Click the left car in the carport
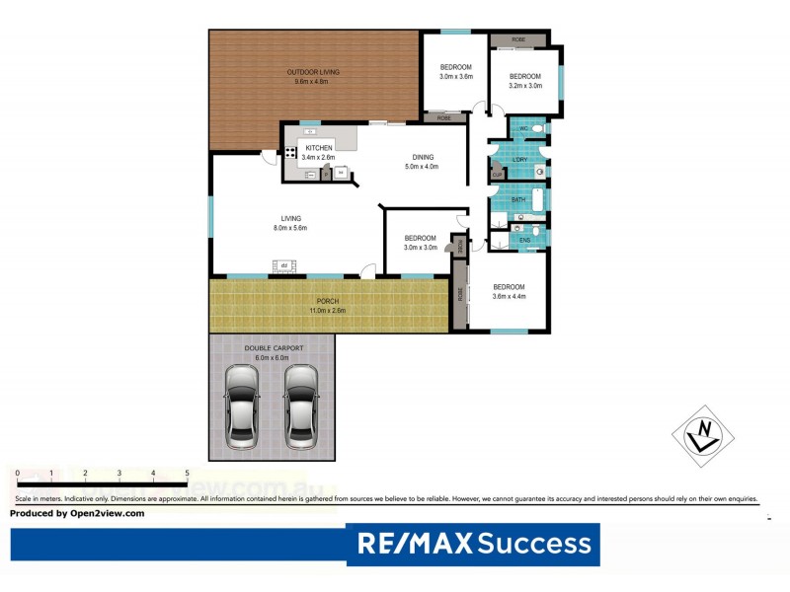[x=242, y=407]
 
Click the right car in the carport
[x=302, y=407]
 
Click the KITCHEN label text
[x=318, y=148]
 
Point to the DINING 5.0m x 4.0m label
[x=422, y=161]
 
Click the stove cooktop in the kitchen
[x=291, y=153]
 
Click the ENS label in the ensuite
[x=524, y=240]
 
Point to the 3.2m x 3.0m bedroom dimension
[x=524, y=86]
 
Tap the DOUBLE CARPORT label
[x=272, y=348]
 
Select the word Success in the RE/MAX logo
[x=536, y=544]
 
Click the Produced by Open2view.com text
[x=77, y=513]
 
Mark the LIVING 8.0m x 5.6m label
[x=290, y=223]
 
